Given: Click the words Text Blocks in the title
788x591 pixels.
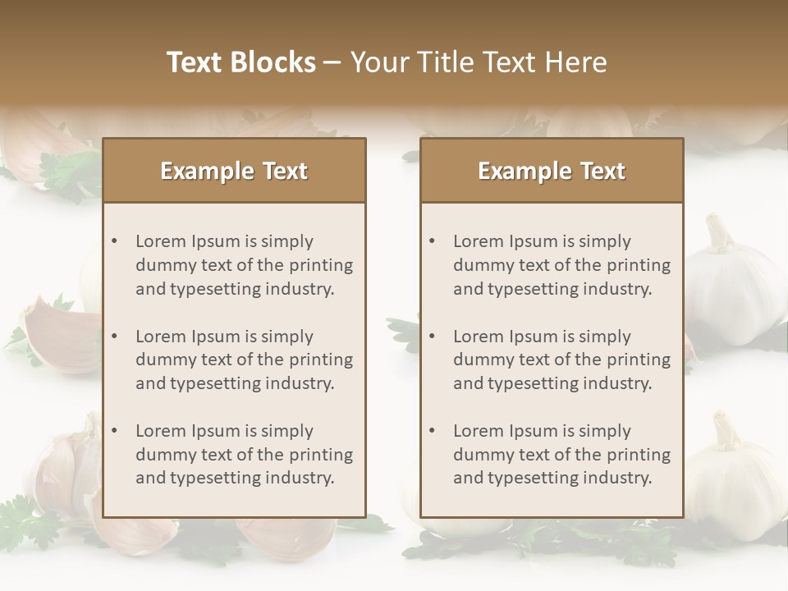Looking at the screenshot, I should [x=241, y=62].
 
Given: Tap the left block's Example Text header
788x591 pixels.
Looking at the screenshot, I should [x=234, y=171].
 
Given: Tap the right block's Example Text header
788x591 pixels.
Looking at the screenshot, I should [x=552, y=171].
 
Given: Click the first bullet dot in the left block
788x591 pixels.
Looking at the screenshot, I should [x=115, y=241].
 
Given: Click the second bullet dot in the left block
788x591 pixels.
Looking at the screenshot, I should [x=115, y=337].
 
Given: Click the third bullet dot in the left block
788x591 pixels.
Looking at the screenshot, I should [x=115, y=431].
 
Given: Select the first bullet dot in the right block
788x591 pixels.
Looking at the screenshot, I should [x=433, y=241].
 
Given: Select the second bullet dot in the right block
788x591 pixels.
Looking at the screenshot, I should [x=433, y=337].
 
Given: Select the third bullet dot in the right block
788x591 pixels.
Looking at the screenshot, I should [x=433, y=431].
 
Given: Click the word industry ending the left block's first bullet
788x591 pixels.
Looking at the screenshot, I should [x=302, y=289].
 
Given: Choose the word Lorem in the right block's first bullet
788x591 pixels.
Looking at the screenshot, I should [x=478, y=241].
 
